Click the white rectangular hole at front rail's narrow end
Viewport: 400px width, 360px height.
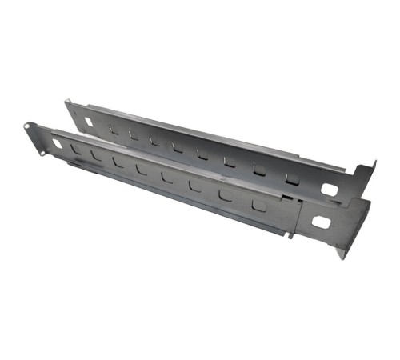pos(58,143)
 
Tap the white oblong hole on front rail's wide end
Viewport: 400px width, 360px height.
pos(320,222)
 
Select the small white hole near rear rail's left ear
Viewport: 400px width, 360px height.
pos(88,122)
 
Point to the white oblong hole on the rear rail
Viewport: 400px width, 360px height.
pos(329,190)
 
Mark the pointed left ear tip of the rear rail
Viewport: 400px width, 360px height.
pos(67,102)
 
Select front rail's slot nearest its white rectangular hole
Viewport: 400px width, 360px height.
pos(75,149)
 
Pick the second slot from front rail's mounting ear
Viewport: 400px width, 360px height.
pos(96,154)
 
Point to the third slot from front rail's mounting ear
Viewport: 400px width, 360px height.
pos(118,162)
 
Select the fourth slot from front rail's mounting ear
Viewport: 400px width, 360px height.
pos(142,169)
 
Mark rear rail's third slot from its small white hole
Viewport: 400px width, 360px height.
pos(154,140)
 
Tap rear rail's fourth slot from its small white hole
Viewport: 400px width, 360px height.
pos(176,146)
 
